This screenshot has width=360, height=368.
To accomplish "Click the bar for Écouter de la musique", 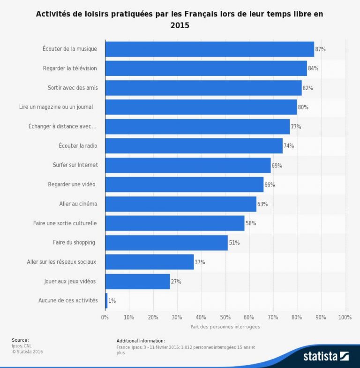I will click(210, 49).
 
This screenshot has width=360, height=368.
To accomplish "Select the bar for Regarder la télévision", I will click(206, 69).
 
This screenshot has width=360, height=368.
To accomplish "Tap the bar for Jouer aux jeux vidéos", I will click(137, 282).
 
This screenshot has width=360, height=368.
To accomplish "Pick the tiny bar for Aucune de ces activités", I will click(106, 301).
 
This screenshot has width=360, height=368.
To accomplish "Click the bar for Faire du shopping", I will click(166, 243).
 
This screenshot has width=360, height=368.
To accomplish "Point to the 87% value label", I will click(320, 49).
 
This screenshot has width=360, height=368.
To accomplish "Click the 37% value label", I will click(200, 262).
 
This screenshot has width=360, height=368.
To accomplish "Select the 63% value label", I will click(262, 204).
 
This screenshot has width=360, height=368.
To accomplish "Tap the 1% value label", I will click(112, 301).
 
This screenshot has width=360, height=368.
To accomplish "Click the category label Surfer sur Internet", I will click(75, 165).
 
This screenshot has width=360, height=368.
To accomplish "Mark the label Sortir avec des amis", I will click(72, 88).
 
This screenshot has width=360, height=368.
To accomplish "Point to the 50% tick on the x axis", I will click(225, 317).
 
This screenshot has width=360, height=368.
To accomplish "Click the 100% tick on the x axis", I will click(345, 317).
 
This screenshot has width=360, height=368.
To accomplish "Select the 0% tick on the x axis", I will click(105, 317).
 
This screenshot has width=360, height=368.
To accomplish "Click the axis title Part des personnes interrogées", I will click(225, 327).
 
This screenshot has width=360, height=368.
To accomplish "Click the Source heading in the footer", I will click(20, 340).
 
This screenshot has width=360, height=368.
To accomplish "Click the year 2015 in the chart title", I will click(180, 26).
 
